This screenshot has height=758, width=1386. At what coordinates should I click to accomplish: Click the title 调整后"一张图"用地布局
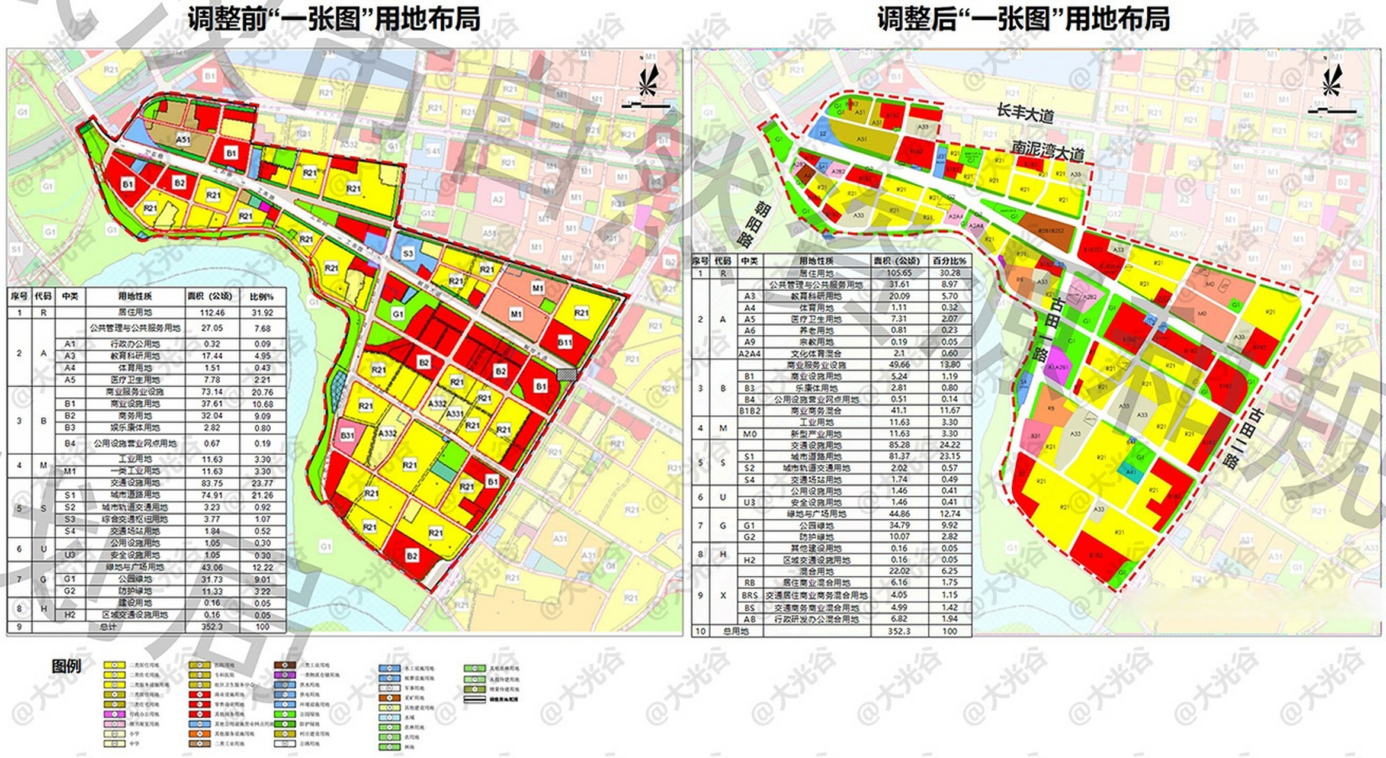click(x=1023, y=18)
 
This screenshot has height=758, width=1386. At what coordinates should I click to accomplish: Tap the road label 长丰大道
click(x=1024, y=113)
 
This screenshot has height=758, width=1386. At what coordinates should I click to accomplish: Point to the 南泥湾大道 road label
click(x=1047, y=150)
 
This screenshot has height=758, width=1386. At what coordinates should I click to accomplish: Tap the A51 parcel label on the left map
click(x=183, y=140)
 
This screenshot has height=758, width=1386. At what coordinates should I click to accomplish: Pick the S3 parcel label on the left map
click(x=408, y=253)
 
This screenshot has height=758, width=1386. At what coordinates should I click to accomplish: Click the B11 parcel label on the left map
click(x=564, y=342)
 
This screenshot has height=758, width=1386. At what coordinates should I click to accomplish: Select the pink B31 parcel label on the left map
click(x=347, y=435)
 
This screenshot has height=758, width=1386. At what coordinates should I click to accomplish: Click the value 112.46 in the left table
click(x=212, y=312)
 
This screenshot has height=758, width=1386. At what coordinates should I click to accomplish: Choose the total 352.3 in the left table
click(x=212, y=627)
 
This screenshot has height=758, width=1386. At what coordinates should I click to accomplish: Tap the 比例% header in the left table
click(x=261, y=296)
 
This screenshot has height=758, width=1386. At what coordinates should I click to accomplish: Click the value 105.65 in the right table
click(x=899, y=273)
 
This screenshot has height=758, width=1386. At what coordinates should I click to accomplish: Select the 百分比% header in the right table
click(x=949, y=261)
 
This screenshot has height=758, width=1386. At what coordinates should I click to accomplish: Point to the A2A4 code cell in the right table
click(x=749, y=354)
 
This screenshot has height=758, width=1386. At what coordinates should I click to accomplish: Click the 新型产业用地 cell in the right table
click(x=816, y=433)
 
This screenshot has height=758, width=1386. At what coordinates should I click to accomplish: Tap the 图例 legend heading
click(x=66, y=666)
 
